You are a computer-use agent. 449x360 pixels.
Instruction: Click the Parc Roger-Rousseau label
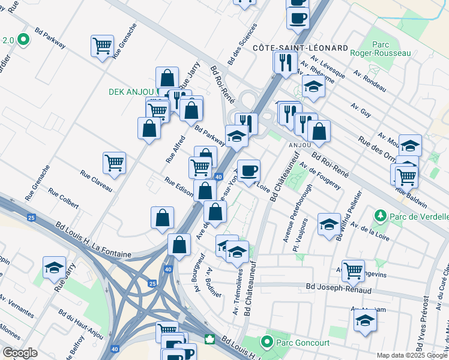click(391, 49)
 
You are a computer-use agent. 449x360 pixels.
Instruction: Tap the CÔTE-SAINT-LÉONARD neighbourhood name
click(300, 47)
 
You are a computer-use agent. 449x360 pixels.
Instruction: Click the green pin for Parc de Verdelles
click(380, 215)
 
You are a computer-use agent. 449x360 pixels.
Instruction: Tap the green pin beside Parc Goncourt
click(267, 342)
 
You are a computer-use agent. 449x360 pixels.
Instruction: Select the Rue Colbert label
click(64, 199)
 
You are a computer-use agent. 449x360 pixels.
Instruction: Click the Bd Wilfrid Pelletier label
click(349, 215)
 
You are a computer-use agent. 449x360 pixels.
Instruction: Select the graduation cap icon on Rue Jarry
click(54, 267)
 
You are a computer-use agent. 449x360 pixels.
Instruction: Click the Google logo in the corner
click(20, 353)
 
